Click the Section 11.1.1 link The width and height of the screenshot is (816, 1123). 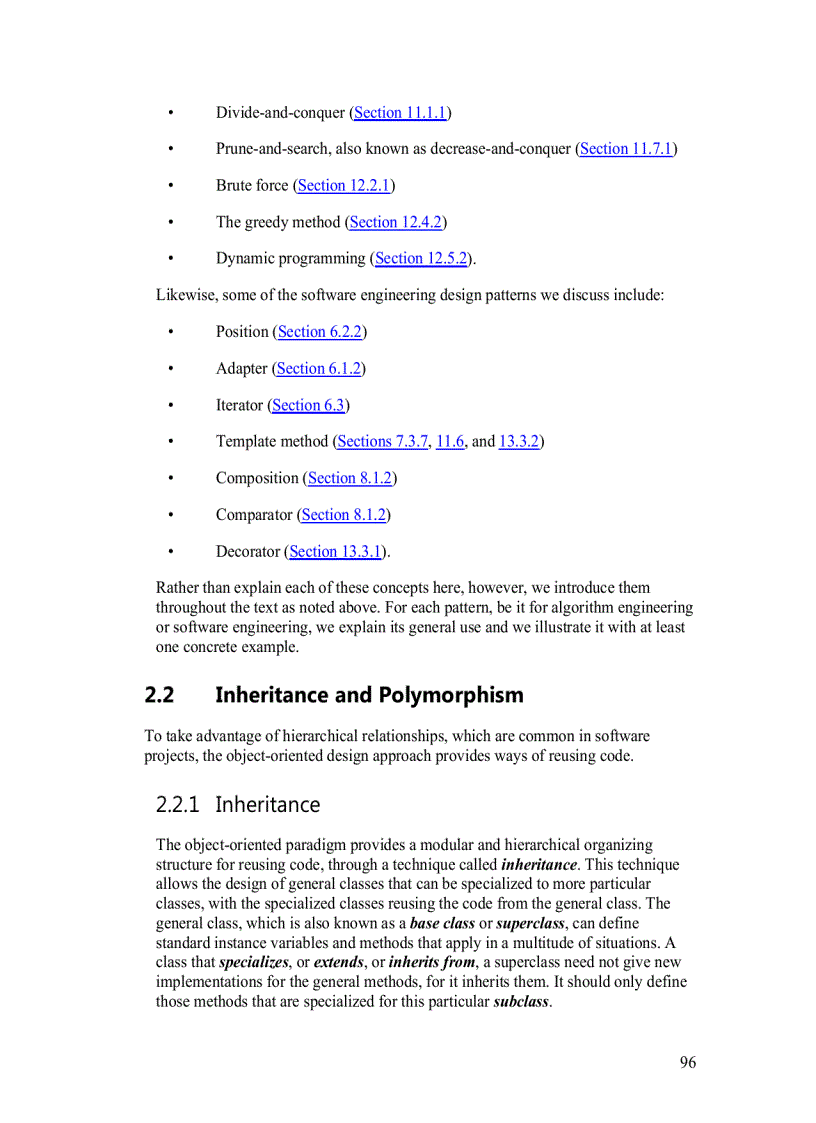point(400,113)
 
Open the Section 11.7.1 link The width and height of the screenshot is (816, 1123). point(626,149)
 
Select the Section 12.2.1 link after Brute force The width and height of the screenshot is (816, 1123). point(344,186)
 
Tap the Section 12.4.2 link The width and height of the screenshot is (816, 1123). point(396,222)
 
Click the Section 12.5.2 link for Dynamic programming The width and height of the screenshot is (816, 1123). point(421,259)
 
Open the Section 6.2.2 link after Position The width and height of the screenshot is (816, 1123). point(319,332)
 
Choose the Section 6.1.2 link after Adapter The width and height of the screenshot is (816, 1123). point(318,369)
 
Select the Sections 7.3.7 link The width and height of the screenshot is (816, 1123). point(382,441)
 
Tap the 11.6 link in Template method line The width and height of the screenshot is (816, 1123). point(450,441)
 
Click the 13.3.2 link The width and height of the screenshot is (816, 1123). point(518,441)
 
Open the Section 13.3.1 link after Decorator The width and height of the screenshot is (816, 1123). point(336,551)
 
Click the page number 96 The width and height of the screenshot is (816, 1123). point(688,1062)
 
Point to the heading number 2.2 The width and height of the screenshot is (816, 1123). point(160,695)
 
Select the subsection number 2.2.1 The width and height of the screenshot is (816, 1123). point(178,805)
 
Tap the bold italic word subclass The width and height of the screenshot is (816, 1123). point(521,1001)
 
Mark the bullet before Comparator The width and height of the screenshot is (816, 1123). point(171,515)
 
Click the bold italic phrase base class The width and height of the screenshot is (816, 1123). point(442,923)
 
